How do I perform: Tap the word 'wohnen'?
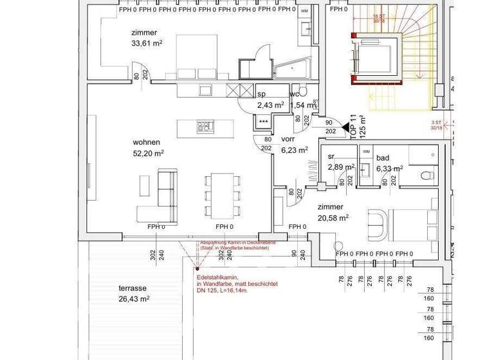(x=146, y=142)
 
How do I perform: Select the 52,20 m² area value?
(x=148, y=153)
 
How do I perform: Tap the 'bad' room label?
(x=383, y=157)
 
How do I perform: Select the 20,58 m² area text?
(x=333, y=218)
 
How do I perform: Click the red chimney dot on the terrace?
(x=198, y=269)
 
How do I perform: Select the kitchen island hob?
(x=205, y=126)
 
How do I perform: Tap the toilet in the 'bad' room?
(x=424, y=175)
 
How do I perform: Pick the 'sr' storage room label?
(x=332, y=157)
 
